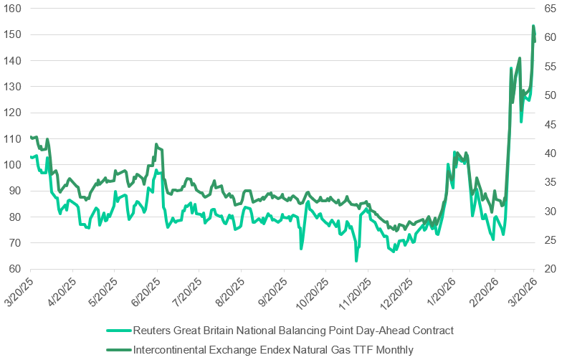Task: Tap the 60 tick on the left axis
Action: (x=14, y=269)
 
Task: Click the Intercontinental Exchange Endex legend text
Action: (x=273, y=350)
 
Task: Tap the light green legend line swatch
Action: (x=118, y=331)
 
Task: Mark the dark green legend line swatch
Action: (x=118, y=350)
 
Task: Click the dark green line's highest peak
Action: (x=533, y=27)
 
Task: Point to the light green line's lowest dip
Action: (x=356, y=260)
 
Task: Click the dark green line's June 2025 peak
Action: (x=156, y=144)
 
